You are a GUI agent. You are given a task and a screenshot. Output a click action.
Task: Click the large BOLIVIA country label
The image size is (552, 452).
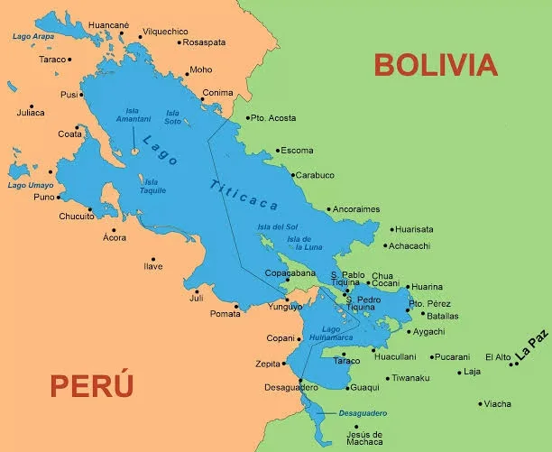coord(436,65)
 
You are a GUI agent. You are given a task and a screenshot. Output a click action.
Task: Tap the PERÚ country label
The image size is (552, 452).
coord(92,385)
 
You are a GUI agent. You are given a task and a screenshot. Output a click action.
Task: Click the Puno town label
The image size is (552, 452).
coord(43,197)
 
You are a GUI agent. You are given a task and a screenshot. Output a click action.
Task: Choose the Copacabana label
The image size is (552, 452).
coord(290,272)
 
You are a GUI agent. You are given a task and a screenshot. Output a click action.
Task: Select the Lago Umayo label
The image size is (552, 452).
coord(30,184)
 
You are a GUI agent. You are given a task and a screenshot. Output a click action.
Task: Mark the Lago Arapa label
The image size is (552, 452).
coord(33,36)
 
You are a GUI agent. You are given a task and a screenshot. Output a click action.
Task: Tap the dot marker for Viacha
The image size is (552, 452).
coord(480,403)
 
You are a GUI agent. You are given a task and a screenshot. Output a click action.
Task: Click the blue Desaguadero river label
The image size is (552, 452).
coord(363,412)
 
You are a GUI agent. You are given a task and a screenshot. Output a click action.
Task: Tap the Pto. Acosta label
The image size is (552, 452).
coord(272,117)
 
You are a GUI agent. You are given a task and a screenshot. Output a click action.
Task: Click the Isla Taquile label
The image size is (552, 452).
coord(152,186)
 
